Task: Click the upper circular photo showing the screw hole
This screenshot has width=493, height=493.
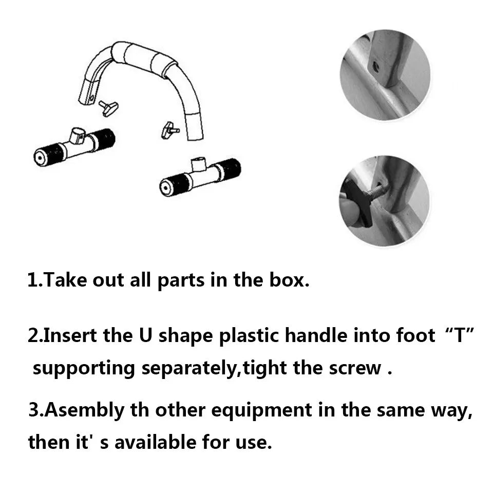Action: pyautogui.click(x=385, y=74)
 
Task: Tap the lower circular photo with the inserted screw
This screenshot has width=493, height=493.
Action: pyautogui.click(x=385, y=201)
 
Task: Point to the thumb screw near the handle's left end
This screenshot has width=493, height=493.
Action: pyautogui.click(x=109, y=107)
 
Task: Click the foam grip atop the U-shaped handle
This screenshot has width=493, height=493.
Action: pyautogui.click(x=144, y=56)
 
